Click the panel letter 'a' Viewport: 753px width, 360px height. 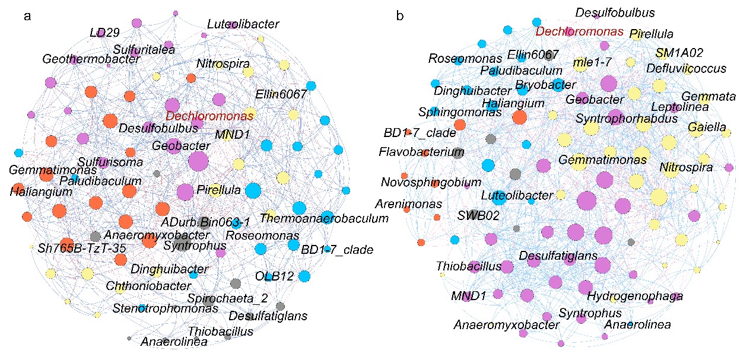coord(27,17)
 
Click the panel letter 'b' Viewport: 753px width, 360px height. coord(400,16)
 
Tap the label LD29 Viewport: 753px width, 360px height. coord(101,33)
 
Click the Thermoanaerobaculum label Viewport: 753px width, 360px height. coord(324,218)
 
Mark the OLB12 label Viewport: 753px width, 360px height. coord(275,276)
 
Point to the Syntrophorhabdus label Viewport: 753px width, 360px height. coord(627,119)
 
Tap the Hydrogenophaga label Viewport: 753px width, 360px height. coord(635,295)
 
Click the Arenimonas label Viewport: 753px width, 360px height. coord(408,204)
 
